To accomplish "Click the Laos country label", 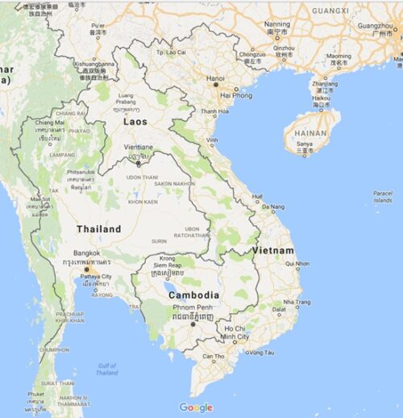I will click(x=135, y=121).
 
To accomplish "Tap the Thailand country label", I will click(x=98, y=229).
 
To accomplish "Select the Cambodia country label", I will click(x=193, y=295).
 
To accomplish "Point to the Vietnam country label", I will click(x=272, y=250).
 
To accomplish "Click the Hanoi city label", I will click(x=215, y=79).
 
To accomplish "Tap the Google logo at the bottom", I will click(x=196, y=408).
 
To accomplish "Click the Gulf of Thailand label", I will click(x=106, y=369).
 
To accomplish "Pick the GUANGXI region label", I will click(x=330, y=10).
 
